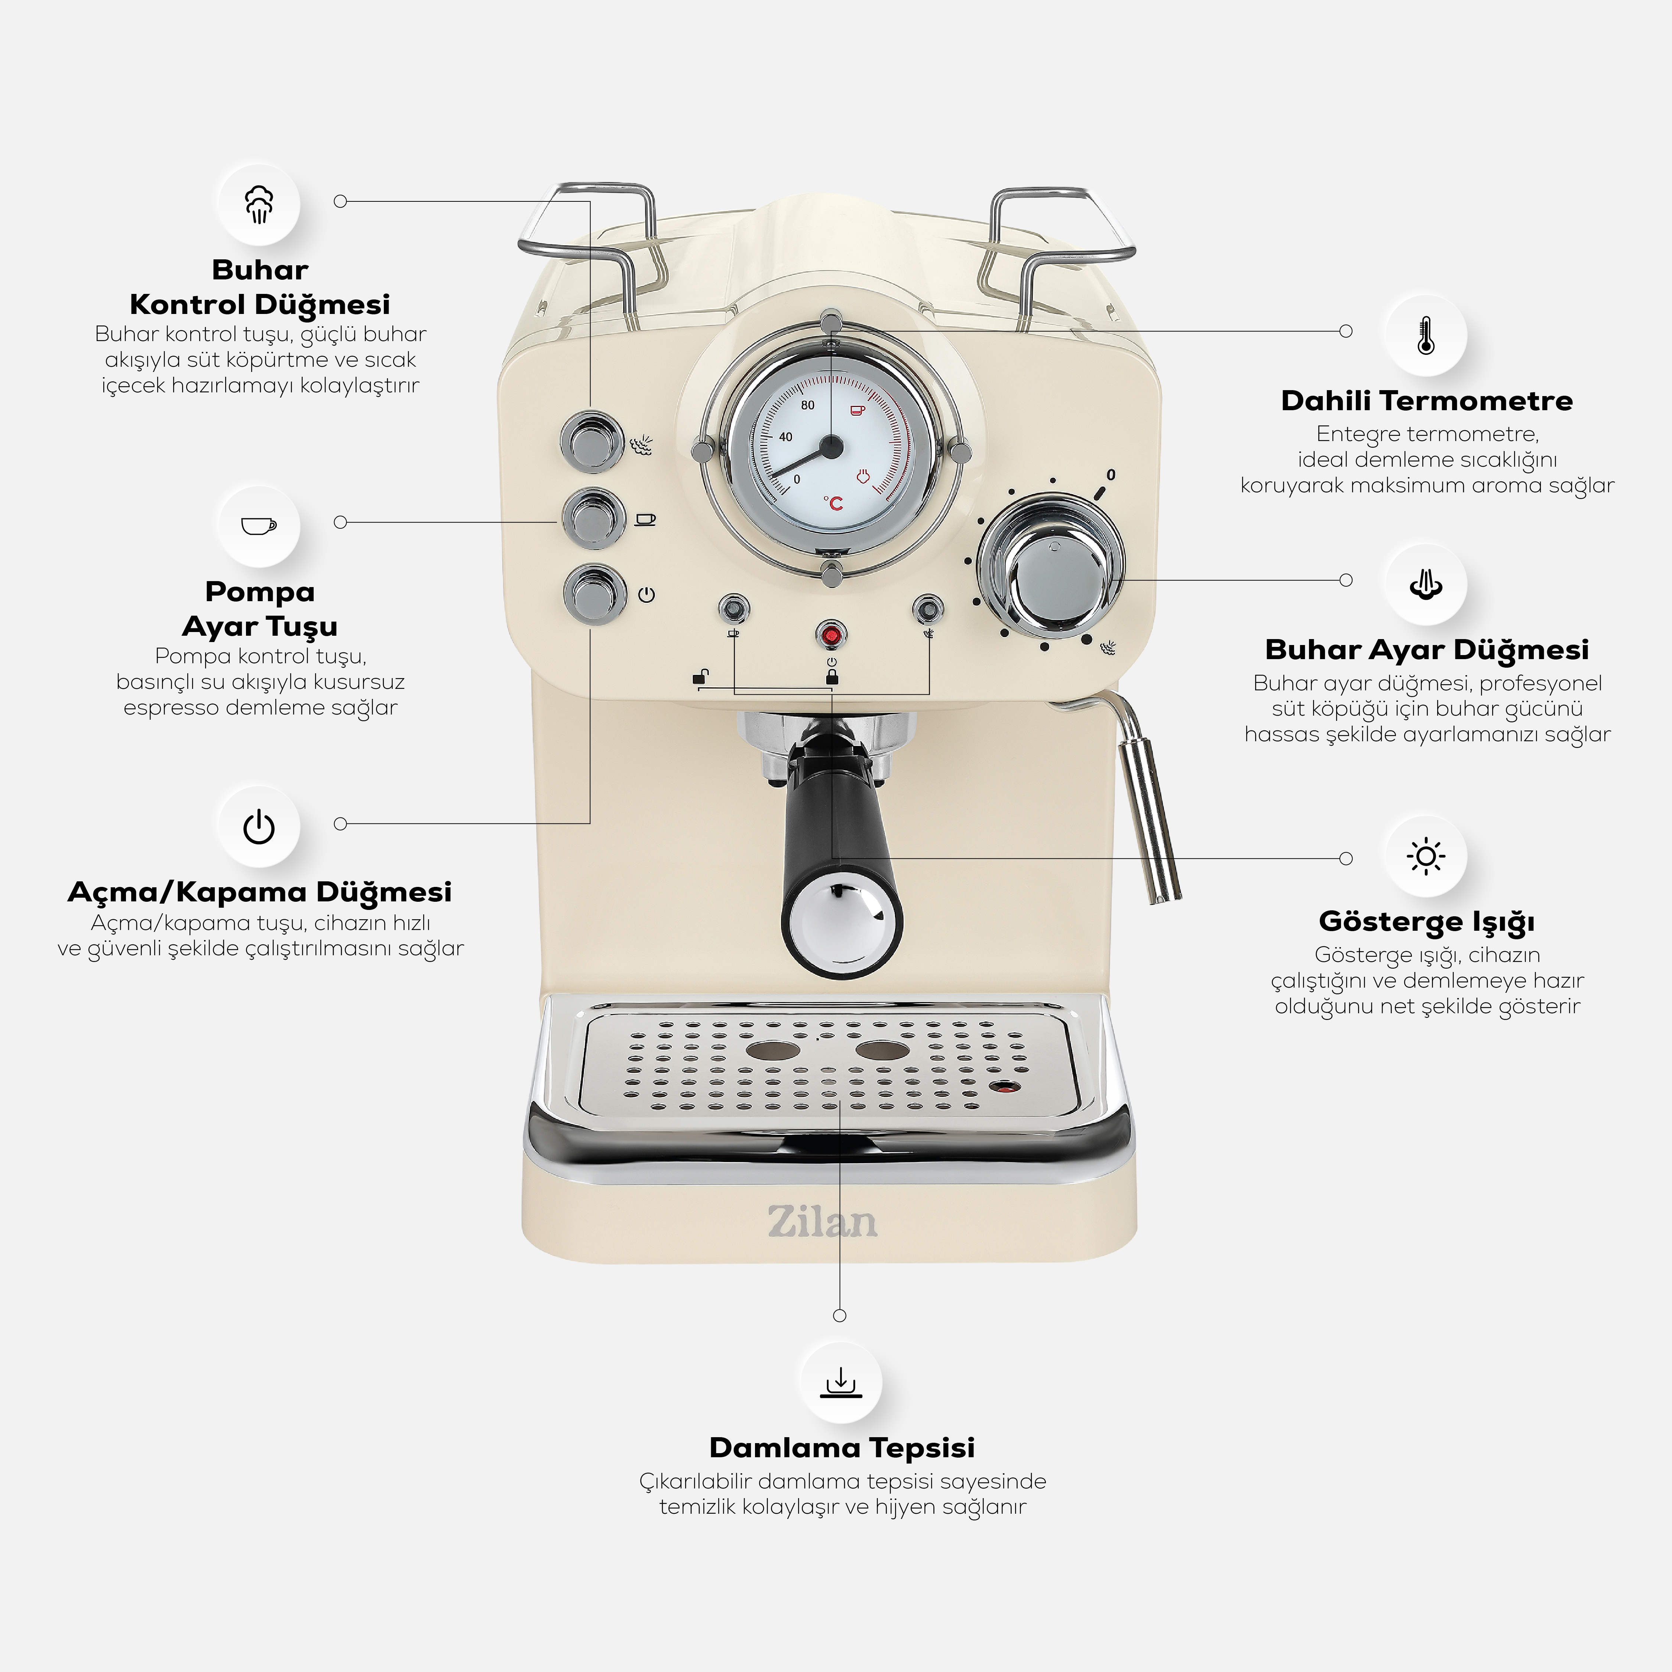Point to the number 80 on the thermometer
[807, 405]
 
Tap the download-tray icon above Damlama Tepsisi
[840, 1383]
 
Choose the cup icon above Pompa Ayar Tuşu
[259, 525]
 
